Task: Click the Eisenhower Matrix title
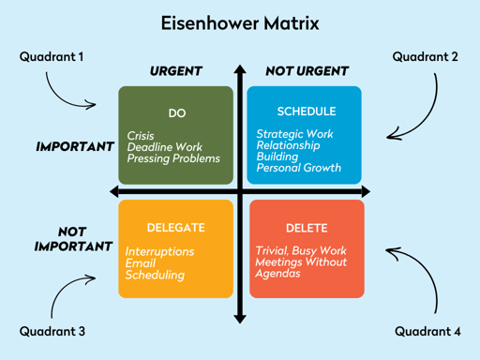pyautogui.click(x=240, y=22)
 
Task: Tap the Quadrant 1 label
pyautogui.click(x=52, y=57)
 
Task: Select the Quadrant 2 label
pyautogui.click(x=425, y=57)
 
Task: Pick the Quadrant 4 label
pyautogui.click(x=427, y=331)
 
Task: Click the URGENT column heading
pyautogui.click(x=176, y=71)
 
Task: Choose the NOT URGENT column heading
pyautogui.click(x=307, y=71)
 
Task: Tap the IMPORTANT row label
pyautogui.click(x=75, y=147)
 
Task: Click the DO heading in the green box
pyautogui.click(x=176, y=113)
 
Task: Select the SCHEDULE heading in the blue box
pyautogui.click(x=306, y=112)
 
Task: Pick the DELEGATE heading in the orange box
pyautogui.click(x=175, y=228)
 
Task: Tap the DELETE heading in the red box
pyautogui.click(x=307, y=228)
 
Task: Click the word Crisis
pyautogui.click(x=141, y=136)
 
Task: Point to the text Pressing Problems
pyautogui.click(x=173, y=158)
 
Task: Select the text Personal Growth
pyautogui.click(x=298, y=169)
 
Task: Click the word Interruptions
pyautogui.click(x=160, y=251)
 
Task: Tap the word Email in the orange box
pyautogui.click(x=141, y=263)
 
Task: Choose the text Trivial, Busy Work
pyautogui.click(x=301, y=251)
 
